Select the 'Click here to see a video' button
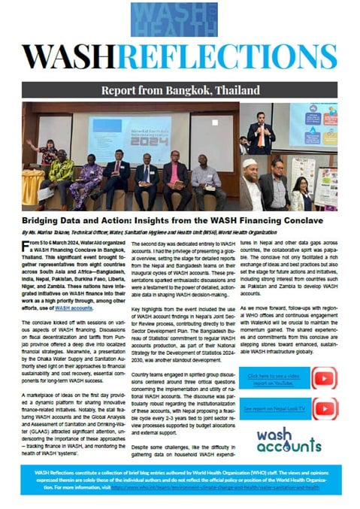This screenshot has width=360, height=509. [274, 377]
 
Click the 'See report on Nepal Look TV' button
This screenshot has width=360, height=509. [274, 408]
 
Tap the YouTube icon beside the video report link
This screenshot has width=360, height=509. [324, 377]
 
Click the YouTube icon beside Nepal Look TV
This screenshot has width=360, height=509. [324, 408]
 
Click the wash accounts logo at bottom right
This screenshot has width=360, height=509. [288, 441]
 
